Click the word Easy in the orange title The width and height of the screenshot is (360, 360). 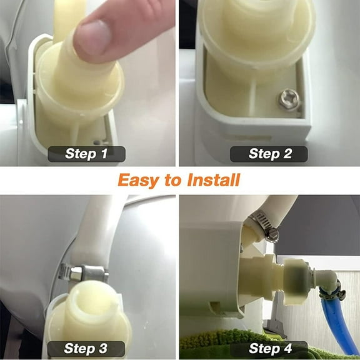click(x=137, y=181)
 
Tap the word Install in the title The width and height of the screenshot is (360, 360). click(x=213, y=181)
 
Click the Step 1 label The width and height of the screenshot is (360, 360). click(x=86, y=154)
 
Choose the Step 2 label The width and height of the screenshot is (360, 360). click(x=269, y=154)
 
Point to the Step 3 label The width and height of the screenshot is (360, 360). click(x=86, y=349)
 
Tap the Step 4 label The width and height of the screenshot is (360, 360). click(x=269, y=349)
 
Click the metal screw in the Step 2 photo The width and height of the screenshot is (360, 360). click(x=288, y=98)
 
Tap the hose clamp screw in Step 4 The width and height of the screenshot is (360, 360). click(x=271, y=234)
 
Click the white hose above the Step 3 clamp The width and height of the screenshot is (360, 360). click(x=100, y=231)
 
